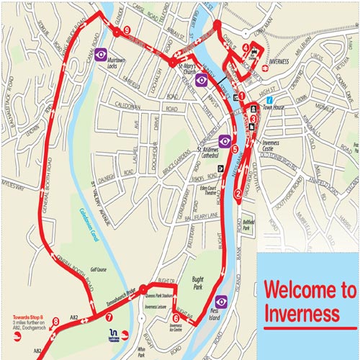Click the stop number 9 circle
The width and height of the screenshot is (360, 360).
[x=127, y=31]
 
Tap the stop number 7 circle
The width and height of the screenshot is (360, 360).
[x=109, y=316]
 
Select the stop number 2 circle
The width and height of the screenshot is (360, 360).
[x=238, y=192]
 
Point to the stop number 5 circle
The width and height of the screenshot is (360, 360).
[x=235, y=149]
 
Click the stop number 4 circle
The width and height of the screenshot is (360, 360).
[x=246, y=49]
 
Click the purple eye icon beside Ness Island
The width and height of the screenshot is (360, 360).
[x=221, y=301]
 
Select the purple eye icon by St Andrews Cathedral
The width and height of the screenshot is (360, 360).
[x=225, y=140]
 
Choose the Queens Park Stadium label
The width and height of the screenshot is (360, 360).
[x=160, y=295]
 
